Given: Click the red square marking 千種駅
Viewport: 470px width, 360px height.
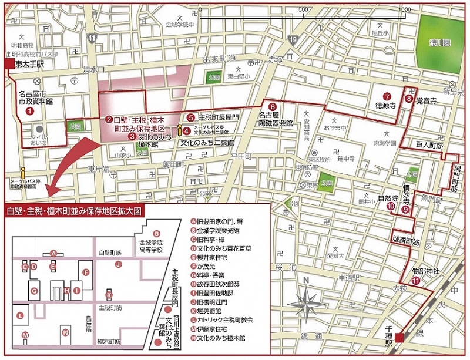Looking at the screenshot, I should coord(399,337).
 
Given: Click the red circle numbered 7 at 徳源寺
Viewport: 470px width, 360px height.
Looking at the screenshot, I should coord(387,97).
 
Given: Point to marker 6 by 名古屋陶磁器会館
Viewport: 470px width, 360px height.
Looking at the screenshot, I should coord(272,106).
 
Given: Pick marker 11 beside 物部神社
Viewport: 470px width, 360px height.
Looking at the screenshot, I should coord(416,281).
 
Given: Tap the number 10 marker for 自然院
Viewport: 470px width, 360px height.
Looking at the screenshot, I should coord(390,206).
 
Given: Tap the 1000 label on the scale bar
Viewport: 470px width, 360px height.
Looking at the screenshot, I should coord(402,10).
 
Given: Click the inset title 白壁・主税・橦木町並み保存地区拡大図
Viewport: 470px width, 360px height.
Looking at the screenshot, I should coord(74,210).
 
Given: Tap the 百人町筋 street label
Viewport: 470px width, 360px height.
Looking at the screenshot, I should coord(427,143).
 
